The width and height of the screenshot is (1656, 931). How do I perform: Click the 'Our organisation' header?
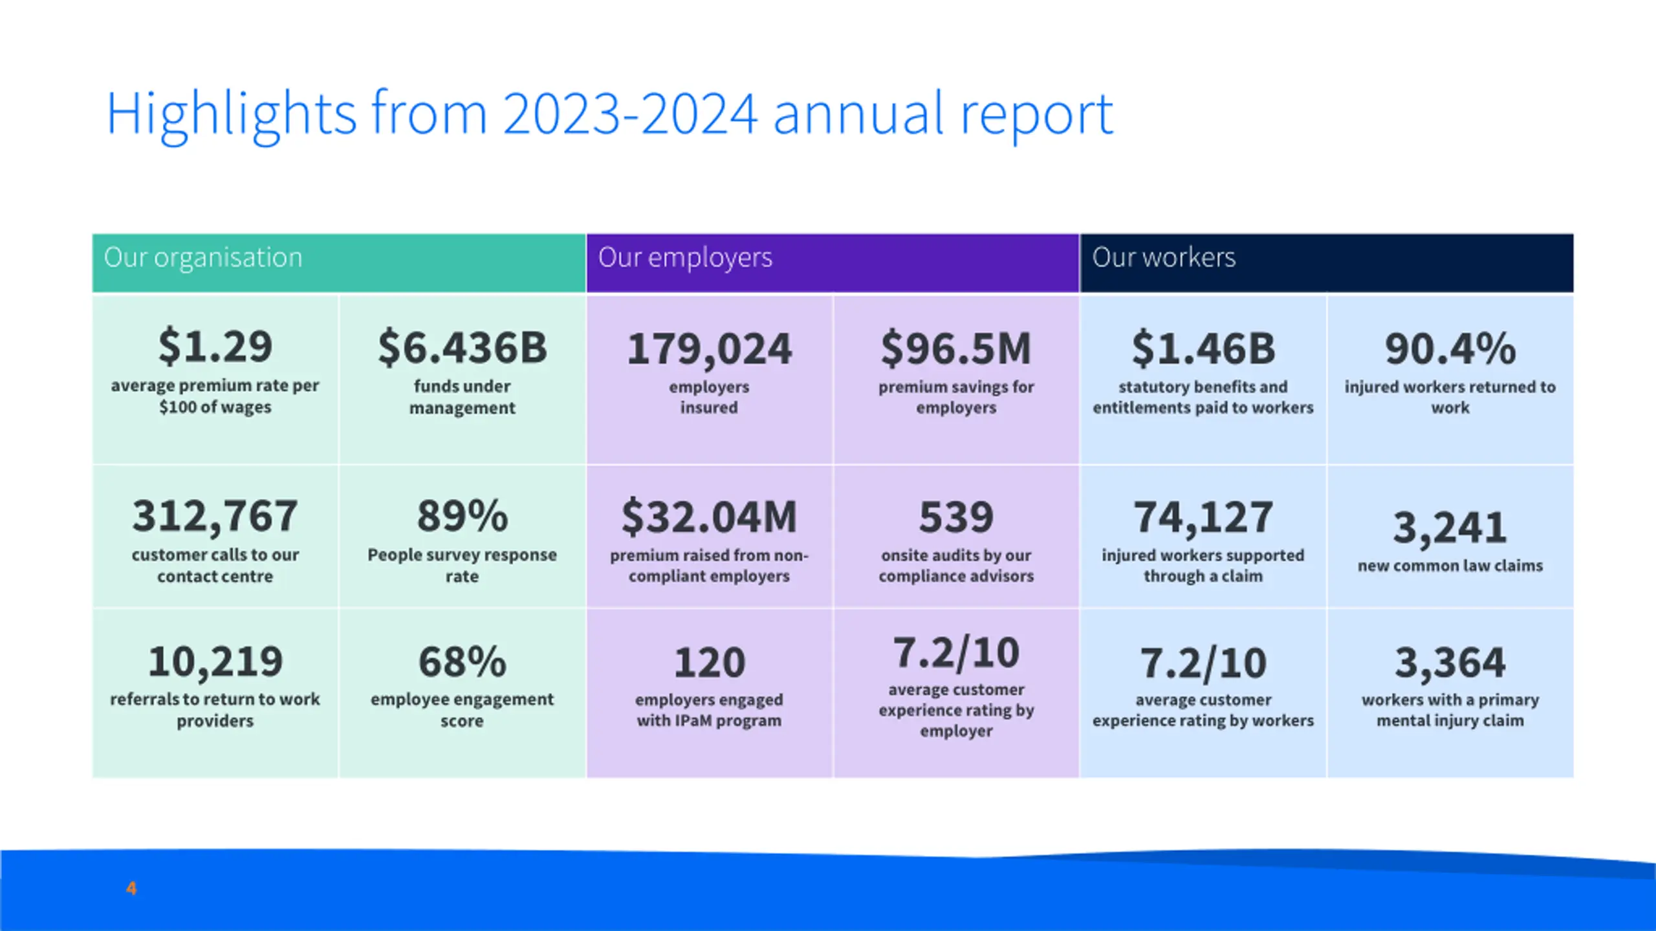[203, 258]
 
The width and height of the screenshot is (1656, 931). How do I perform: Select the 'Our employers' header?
[685, 258]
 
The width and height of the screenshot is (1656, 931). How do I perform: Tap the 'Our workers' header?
[1164, 258]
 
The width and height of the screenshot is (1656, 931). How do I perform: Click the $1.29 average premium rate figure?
[215, 347]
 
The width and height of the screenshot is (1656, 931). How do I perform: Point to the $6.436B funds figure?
[462, 348]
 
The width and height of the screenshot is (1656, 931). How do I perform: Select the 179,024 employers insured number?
[709, 349]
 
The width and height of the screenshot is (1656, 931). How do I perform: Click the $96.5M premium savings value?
[955, 349]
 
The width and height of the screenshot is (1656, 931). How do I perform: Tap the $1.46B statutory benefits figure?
[1203, 349]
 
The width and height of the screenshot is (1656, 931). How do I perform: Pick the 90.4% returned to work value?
[1450, 349]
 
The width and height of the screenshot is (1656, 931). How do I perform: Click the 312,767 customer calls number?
[215, 517]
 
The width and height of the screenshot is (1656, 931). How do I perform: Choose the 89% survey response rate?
[462, 517]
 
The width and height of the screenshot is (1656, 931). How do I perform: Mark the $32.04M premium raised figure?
[709, 518]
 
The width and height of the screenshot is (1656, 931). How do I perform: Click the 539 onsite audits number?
[955, 518]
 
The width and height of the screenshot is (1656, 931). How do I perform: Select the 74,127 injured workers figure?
[1203, 518]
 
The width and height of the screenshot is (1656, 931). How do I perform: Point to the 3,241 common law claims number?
[1450, 528]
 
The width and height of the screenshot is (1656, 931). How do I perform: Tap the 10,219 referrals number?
[215, 662]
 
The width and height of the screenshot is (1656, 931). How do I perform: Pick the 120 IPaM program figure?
[709, 663]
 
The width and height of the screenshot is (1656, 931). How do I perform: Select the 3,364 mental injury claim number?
[1450, 663]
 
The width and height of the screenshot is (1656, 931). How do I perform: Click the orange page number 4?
[131, 888]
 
